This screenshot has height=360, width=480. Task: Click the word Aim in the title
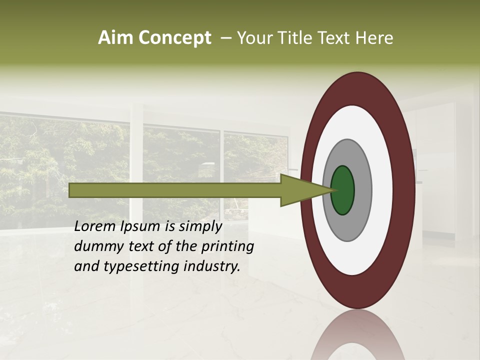116,38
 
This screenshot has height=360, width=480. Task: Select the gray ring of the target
363,190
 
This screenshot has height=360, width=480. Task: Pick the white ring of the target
382,190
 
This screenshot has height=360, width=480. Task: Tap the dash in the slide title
225,38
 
